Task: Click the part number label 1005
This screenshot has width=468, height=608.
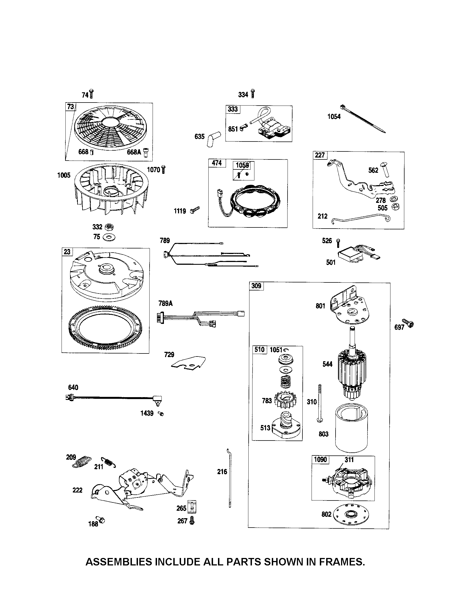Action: (64, 175)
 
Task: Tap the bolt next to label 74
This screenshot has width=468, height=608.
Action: (92, 94)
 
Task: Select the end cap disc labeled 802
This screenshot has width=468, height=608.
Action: (351, 514)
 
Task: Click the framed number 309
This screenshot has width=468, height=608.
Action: (256, 286)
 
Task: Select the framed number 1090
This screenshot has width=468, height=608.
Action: (320, 459)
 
